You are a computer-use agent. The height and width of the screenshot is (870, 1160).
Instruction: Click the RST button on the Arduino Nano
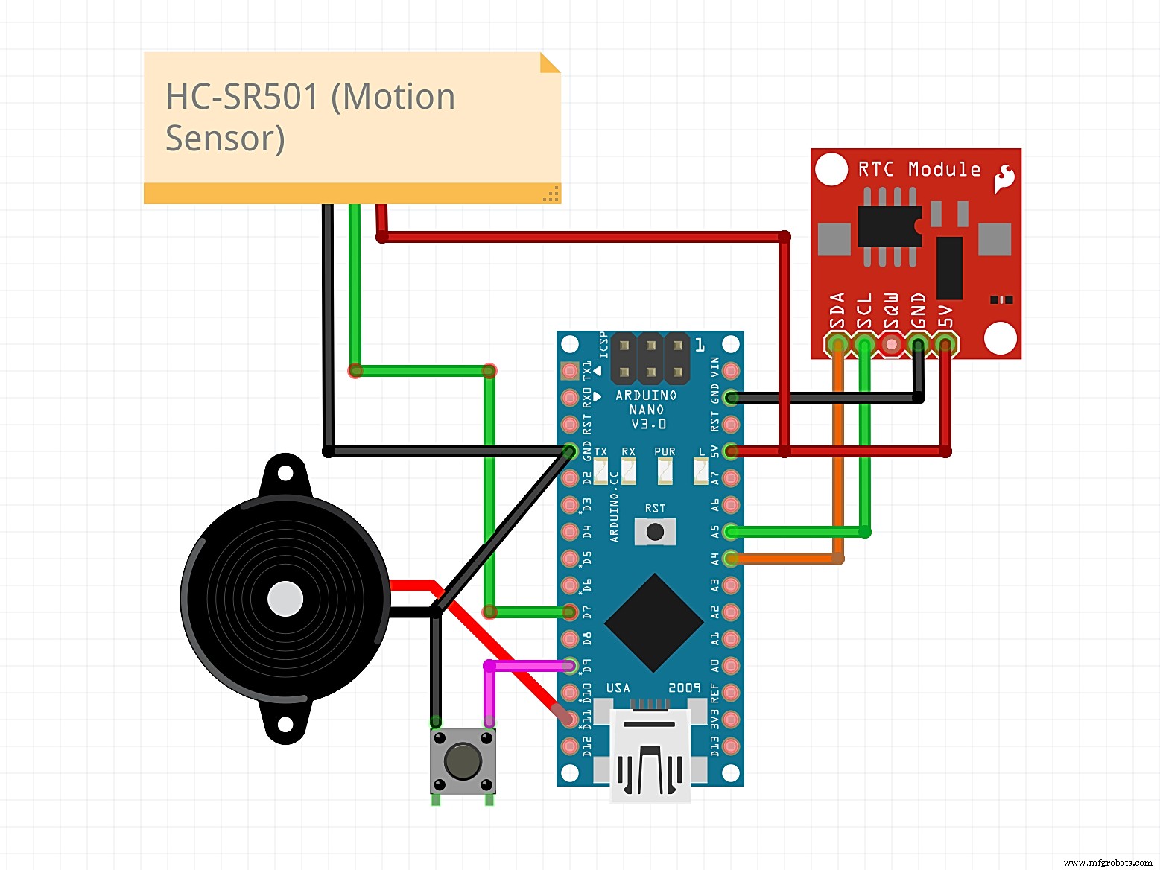(x=655, y=532)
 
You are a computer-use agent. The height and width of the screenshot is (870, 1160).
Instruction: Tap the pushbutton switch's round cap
(x=463, y=761)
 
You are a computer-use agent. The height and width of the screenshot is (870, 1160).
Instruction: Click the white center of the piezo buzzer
(x=285, y=599)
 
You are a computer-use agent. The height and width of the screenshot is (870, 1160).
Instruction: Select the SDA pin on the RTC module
(x=838, y=344)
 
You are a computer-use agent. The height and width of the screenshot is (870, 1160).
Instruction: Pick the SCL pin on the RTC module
(x=864, y=344)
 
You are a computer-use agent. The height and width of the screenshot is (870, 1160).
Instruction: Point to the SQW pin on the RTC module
(x=891, y=344)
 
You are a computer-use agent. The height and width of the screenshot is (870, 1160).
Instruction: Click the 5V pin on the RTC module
(x=945, y=344)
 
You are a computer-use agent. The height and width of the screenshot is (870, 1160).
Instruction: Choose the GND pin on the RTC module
(x=918, y=344)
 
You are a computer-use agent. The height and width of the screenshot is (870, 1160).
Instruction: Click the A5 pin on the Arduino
(x=732, y=532)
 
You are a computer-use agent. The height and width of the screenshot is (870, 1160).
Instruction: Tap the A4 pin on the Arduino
(x=732, y=559)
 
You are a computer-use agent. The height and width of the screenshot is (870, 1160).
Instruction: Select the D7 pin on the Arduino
(x=570, y=612)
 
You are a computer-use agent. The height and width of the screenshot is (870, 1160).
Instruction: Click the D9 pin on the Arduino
(x=570, y=665)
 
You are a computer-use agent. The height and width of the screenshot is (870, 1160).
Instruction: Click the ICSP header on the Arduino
(x=650, y=358)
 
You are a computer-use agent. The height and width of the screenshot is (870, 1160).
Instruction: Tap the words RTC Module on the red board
(x=919, y=170)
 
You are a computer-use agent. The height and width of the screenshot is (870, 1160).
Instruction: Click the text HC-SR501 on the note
(x=243, y=97)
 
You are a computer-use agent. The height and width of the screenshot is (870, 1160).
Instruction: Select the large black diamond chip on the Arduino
(x=654, y=623)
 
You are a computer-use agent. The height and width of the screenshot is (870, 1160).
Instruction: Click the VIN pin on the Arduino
(x=732, y=370)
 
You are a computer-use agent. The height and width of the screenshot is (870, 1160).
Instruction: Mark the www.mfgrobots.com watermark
(x=1107, y=862)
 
